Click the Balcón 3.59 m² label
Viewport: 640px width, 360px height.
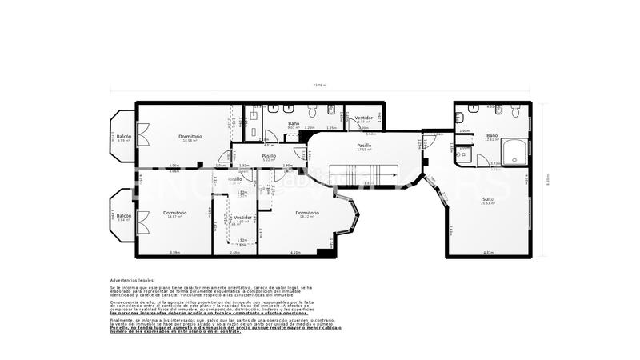tap(124, 138)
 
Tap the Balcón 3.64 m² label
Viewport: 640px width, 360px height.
tap(123, 216)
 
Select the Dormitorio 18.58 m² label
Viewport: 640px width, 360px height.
tap(190, 138)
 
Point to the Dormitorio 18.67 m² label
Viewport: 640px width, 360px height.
tap(175, 214)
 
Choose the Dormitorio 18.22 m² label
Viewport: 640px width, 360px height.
tap(307, 214)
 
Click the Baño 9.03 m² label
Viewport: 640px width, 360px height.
tap(294, 125)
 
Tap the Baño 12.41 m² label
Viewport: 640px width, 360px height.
tap(492, 138)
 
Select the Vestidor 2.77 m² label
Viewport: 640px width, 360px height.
tap(363, 119)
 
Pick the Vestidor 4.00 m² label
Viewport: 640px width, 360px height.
tap(243, 218)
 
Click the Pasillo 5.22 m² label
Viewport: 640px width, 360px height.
tap(269, 157)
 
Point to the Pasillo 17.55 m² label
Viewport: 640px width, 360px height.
tap(365, 147)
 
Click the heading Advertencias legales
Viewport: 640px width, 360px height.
tap(133, 281)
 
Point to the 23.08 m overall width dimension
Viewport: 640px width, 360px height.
tap(320, 86)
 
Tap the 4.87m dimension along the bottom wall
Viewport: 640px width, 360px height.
tap(488, 253)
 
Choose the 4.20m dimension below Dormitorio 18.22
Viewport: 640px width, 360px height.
tap(295, 253)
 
